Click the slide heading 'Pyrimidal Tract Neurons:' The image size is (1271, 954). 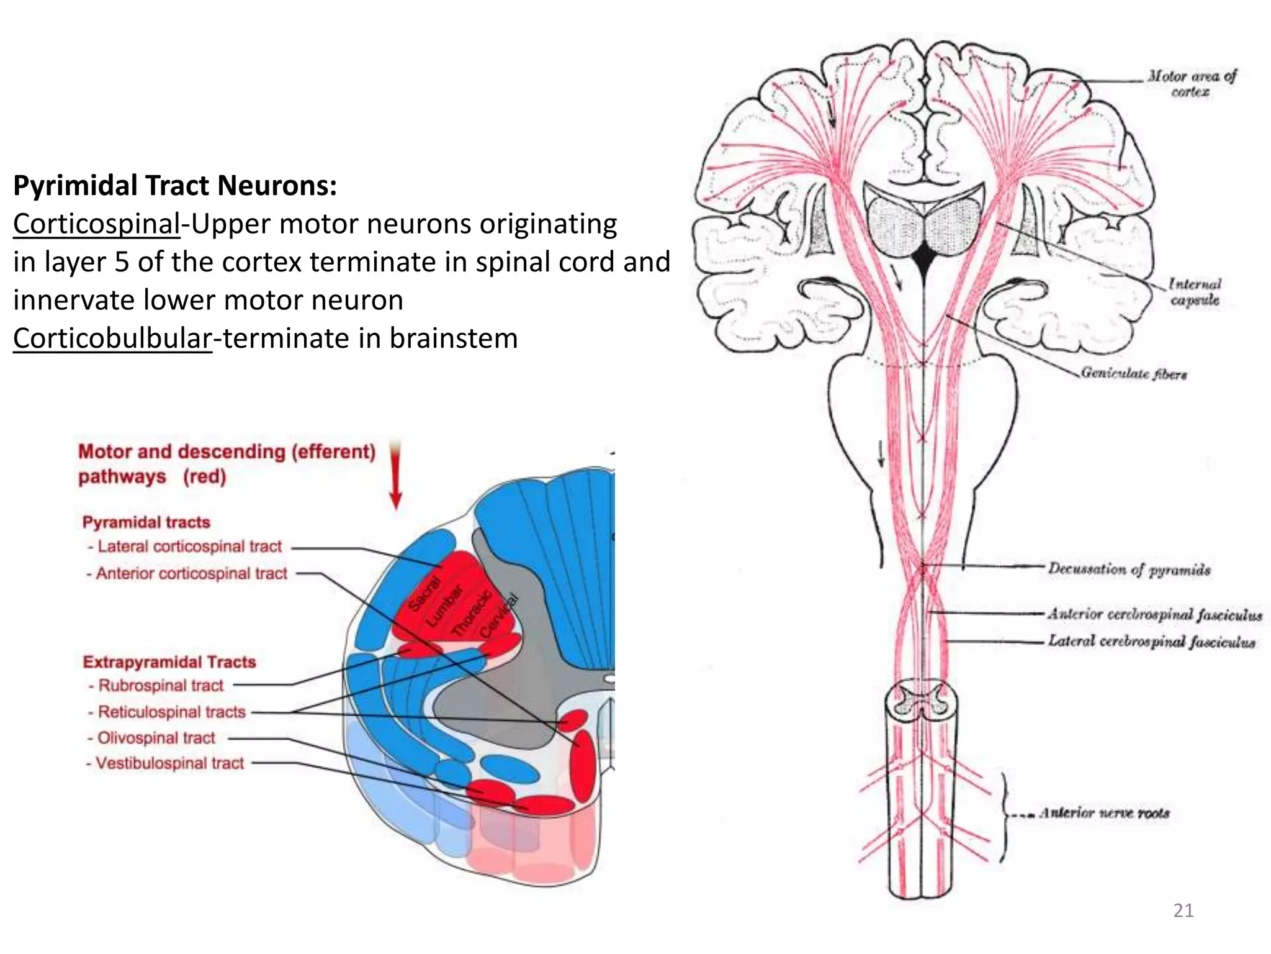[175, 185]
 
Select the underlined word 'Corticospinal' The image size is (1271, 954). [97, 224]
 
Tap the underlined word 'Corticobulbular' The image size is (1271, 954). [112, 338]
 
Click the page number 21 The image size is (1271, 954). [1183, 911]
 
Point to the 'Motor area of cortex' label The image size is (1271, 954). [1192, 84]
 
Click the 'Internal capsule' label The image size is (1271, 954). [1195, 292]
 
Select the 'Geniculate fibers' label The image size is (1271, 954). [1134, 373]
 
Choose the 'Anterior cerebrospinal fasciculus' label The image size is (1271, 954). [1155, 614]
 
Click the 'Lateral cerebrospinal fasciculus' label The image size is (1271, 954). [1152, 641]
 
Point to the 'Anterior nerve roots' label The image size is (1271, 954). [1105, 813]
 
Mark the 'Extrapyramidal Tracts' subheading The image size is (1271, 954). [169, 662]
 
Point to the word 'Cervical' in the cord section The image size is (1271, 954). [500, 615]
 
